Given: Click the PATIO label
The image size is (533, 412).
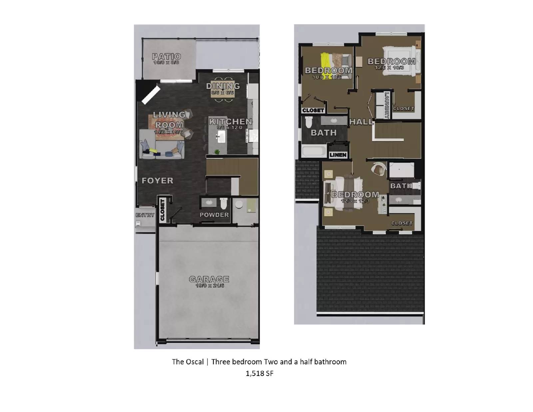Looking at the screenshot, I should [166, 56].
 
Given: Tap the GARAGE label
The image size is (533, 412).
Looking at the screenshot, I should [209, 279].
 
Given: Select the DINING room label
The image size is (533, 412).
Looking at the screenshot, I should [223, 86].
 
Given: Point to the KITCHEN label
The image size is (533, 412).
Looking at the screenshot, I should [231, 122].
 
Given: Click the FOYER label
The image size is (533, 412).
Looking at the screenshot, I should [158, 181].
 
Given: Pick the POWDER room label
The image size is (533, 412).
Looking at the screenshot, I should [214, 215].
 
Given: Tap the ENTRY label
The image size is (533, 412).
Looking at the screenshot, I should [145, 215].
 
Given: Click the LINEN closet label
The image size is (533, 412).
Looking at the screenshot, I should [338, 155].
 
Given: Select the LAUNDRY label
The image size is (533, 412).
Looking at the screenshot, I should [387, 105].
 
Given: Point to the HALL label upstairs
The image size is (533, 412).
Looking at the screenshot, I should [361, 122].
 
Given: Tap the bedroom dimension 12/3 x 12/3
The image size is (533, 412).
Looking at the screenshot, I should [355, 201].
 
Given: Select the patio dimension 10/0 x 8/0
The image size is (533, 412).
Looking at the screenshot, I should [166, 63].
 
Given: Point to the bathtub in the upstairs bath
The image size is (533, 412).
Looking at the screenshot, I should [314, 151].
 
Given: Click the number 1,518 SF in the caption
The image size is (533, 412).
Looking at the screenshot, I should [259, 374].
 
